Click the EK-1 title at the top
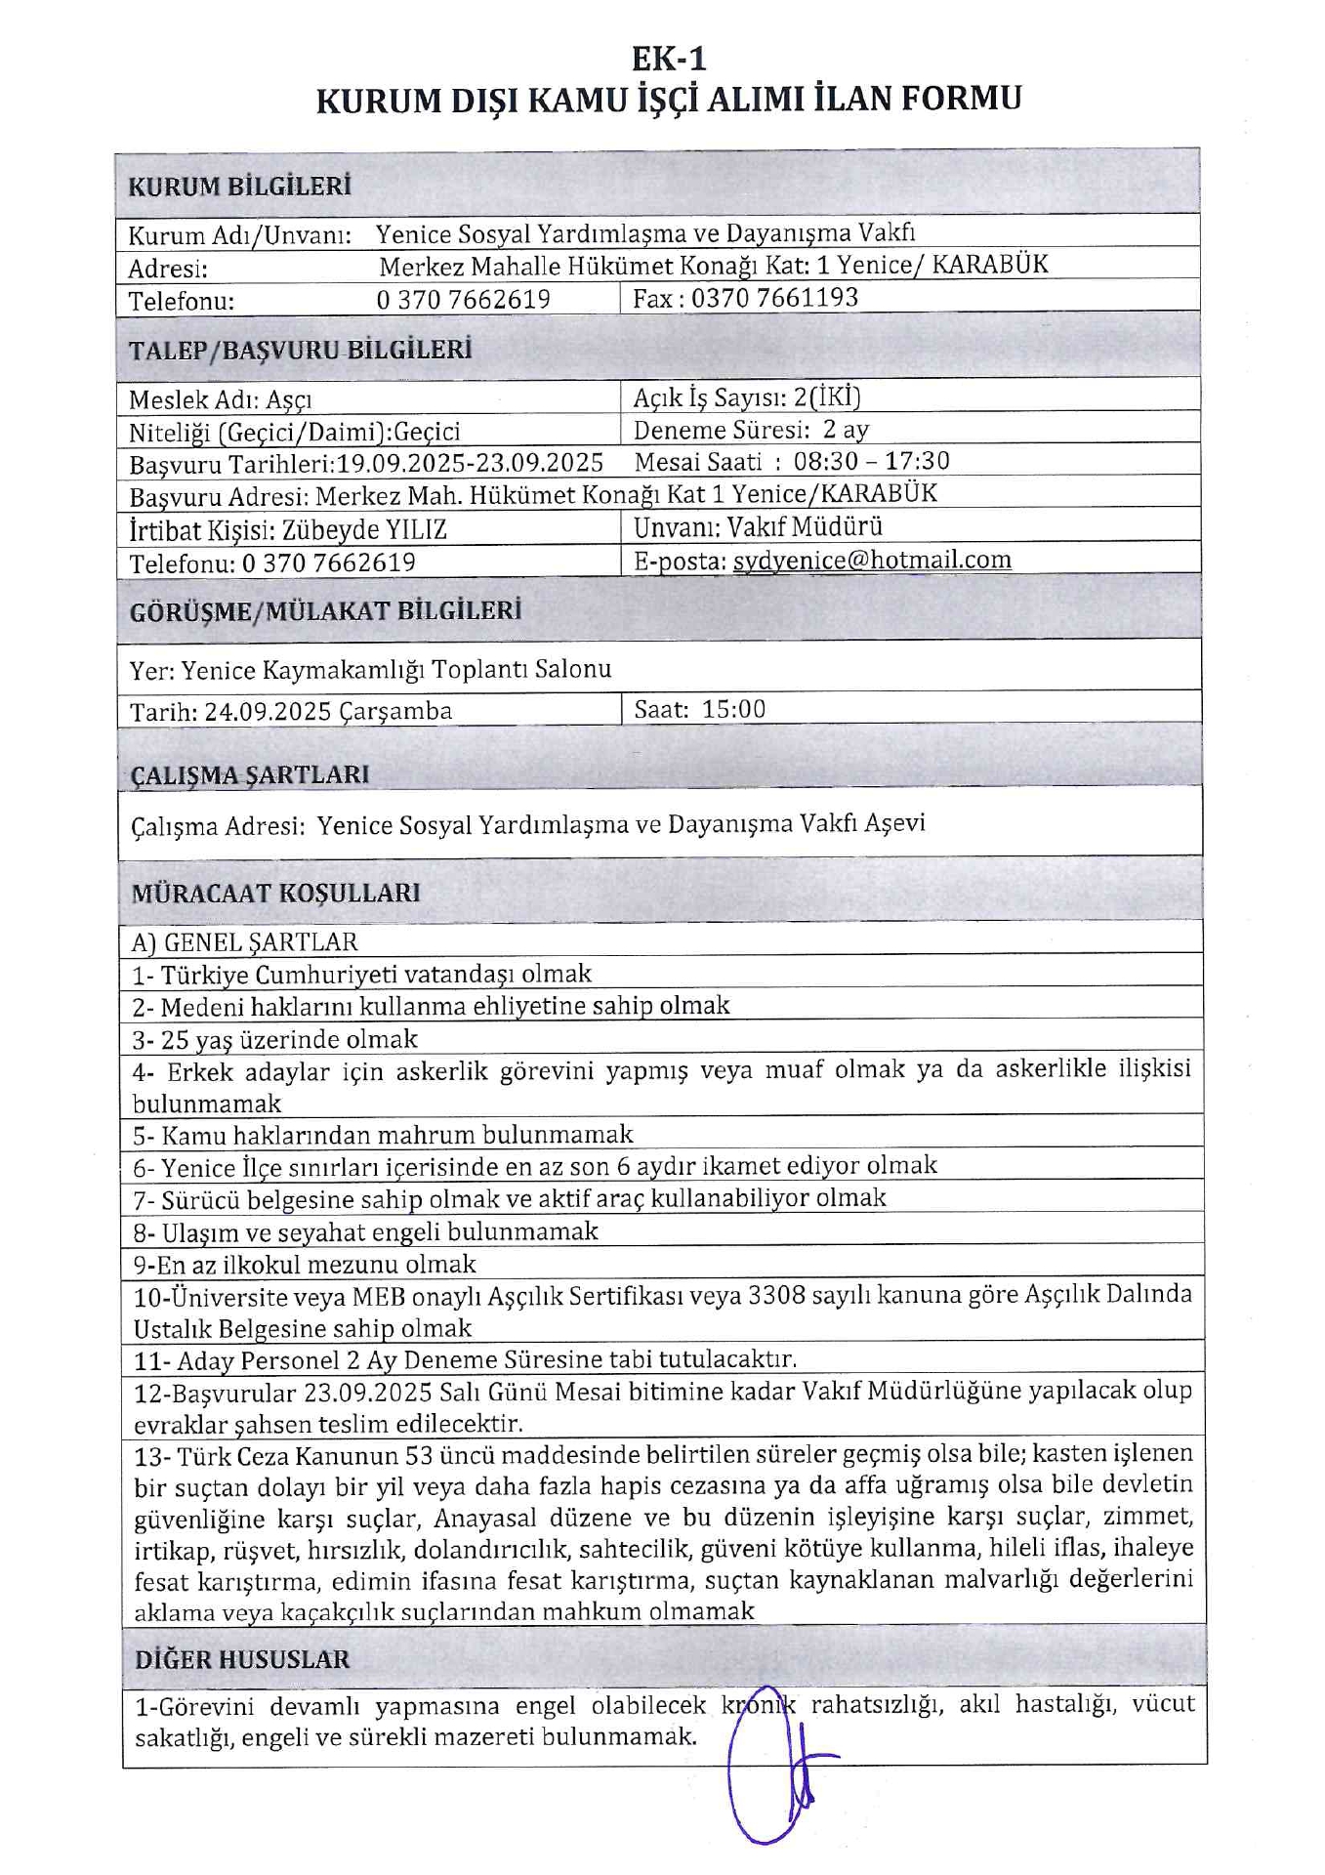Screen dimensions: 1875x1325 [668, 59]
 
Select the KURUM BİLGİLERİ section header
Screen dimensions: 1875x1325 [239, 187]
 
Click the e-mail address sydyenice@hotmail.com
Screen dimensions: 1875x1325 [871, 560]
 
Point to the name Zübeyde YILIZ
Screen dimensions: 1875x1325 [364, 529]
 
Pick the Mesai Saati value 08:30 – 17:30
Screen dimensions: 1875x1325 [871, 461]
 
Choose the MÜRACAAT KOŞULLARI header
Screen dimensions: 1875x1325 [275, 893]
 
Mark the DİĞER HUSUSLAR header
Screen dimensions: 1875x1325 [242, 1659]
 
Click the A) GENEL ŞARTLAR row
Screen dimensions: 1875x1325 [245, 941]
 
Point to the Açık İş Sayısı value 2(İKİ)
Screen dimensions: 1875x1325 [827, 397]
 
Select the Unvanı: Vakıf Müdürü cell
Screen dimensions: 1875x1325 [758, 527]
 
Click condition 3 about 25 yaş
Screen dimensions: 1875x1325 [275, 1039]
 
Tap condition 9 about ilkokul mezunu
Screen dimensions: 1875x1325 [305, 1265]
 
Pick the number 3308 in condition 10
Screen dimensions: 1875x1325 [776, 1295]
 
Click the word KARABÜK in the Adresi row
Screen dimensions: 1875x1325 [990, 265]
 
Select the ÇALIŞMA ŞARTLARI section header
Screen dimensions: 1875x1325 [250, 774]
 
